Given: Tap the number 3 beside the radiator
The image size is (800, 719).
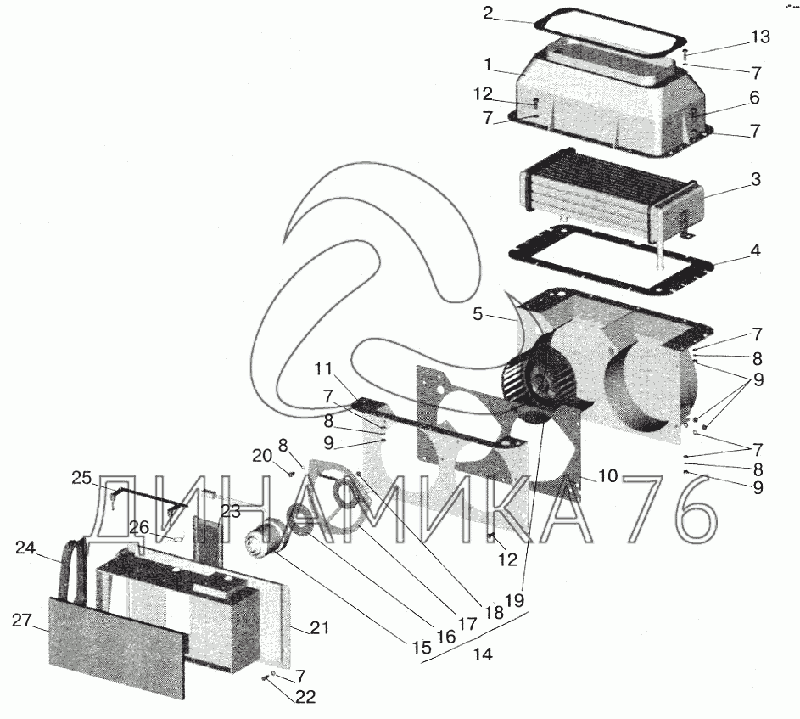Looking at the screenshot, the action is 755,180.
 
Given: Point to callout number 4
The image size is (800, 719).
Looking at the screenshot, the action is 755,251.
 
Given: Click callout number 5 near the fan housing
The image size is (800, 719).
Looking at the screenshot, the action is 478,314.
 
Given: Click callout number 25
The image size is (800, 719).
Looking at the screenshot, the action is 81,479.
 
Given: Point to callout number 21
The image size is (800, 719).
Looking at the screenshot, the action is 319,628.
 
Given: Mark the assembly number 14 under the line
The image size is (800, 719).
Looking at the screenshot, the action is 484,655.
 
